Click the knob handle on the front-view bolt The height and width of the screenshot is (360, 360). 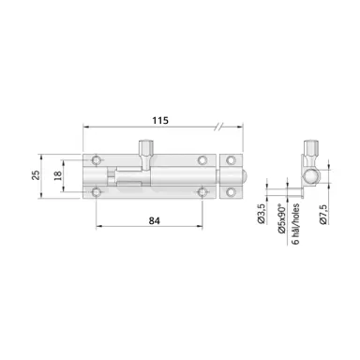click(x=145, y=150)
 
